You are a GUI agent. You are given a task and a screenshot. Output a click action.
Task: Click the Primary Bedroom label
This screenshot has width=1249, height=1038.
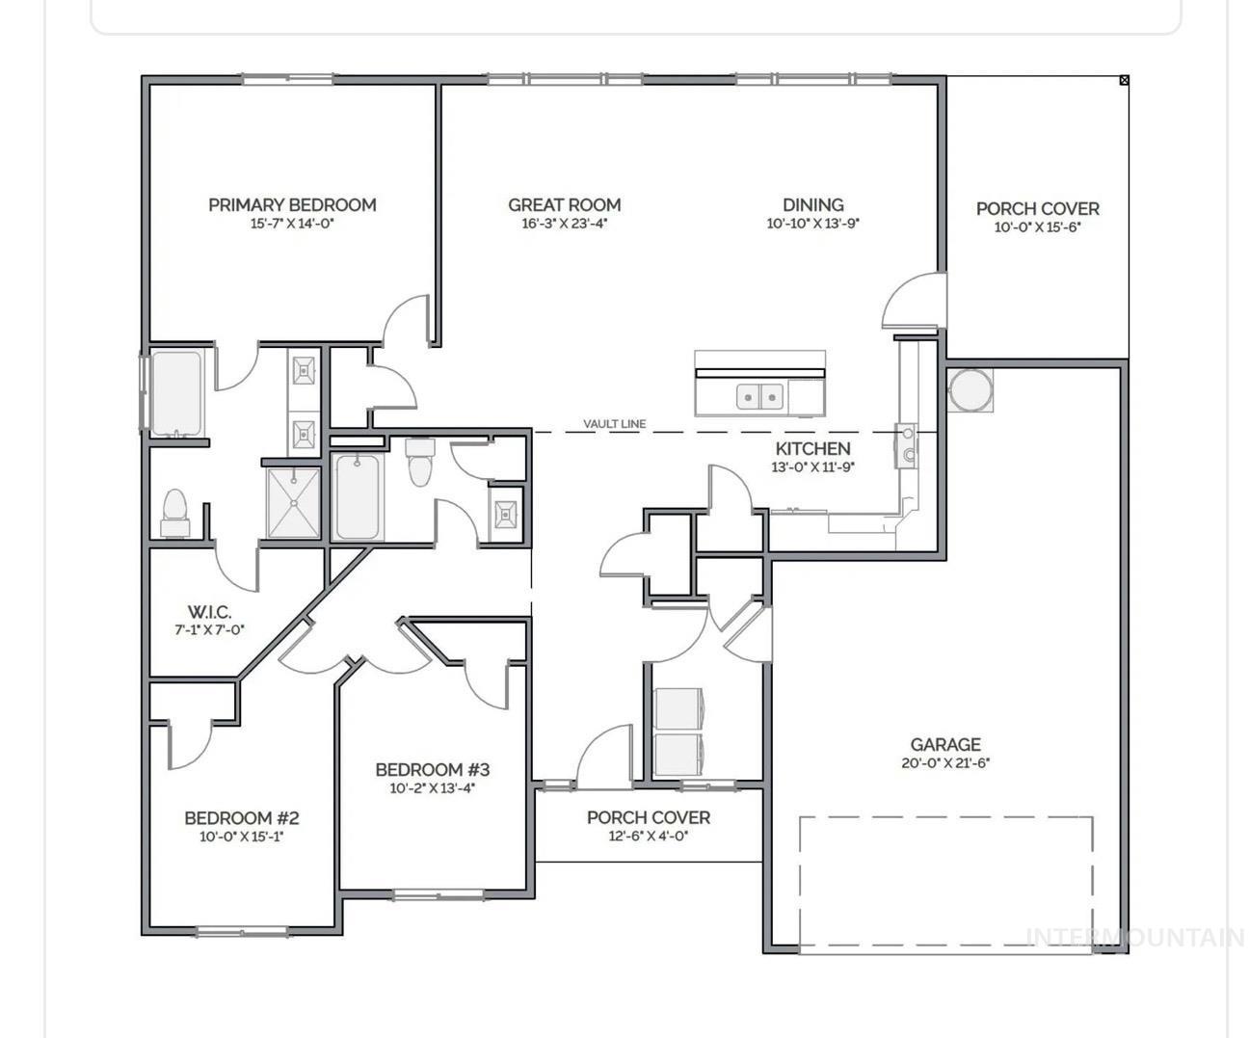click(x=292, y=204)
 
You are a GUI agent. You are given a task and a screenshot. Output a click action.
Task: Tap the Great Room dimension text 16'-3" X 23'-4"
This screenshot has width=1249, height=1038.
click(x=565, y=224)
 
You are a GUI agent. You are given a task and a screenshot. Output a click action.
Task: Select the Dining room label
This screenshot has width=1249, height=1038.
click(x=812, y=204)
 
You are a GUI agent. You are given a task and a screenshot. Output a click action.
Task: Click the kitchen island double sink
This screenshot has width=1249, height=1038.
click(x=759, y=396)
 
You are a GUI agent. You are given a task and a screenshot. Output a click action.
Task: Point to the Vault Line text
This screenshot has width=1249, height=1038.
click(x=614, y=424)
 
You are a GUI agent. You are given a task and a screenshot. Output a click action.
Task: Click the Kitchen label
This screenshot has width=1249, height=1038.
click(x=812, y=448)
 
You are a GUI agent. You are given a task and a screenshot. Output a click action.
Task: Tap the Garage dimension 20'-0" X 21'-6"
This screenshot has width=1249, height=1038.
click(x=945, y=763)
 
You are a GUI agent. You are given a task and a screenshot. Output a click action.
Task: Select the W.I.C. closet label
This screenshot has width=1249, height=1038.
click(x=209, y=612)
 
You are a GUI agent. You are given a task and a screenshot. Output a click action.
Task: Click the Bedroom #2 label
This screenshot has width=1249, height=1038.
click(x=242, y=818)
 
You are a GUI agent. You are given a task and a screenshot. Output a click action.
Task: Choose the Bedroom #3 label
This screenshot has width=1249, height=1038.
click(x=432, y=769)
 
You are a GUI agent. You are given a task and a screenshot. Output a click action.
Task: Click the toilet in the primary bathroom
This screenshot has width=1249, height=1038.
click(x=174, y=512)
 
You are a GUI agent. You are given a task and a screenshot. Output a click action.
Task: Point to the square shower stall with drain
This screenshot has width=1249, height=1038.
click(x=293, y=503)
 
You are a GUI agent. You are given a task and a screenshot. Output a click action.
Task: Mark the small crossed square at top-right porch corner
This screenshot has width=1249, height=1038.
click(x=1124, y=81)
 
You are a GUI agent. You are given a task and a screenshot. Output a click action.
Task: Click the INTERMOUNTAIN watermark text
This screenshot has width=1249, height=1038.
click(x=1134, y=937)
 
